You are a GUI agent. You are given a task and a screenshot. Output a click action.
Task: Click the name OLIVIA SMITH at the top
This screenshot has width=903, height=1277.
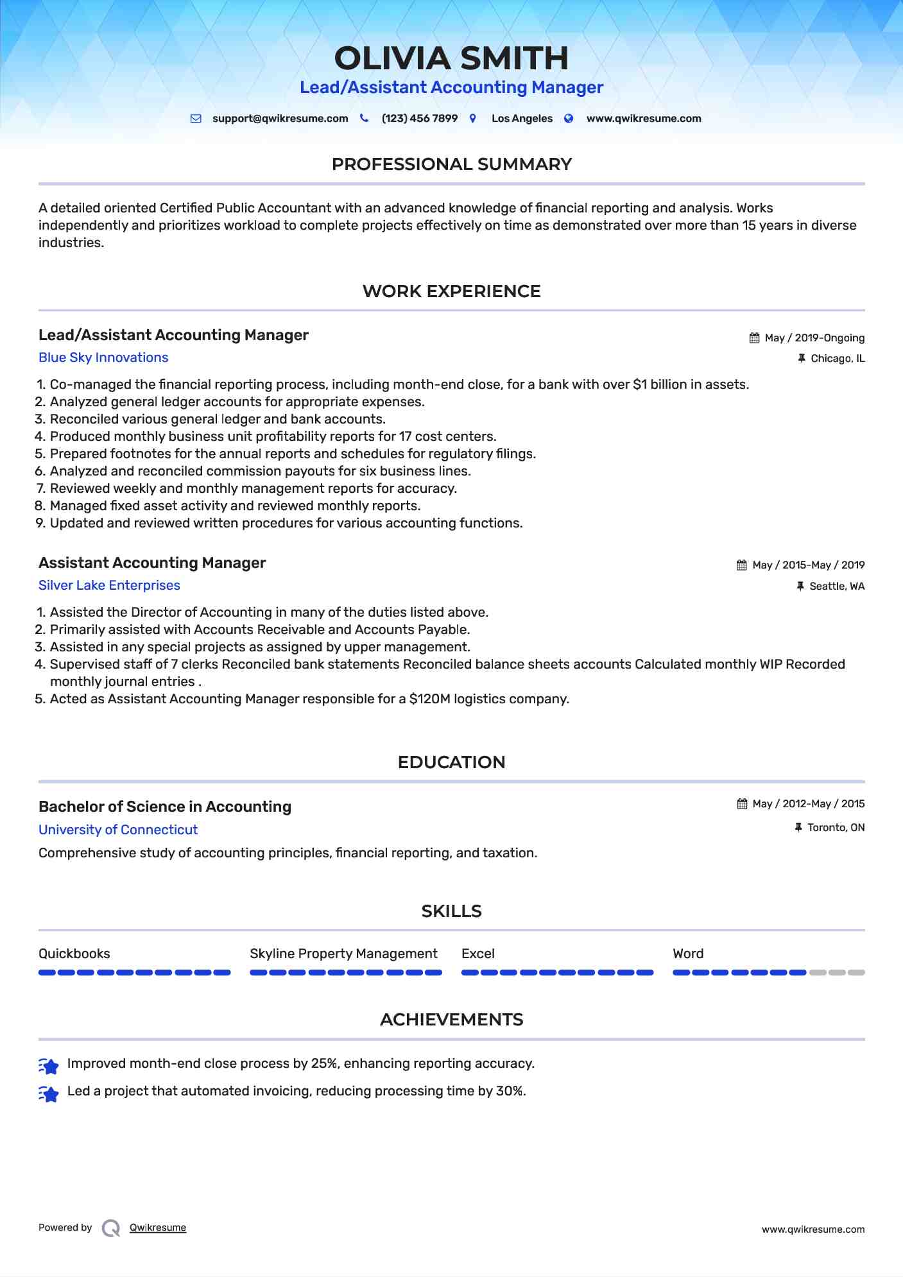point(451,58)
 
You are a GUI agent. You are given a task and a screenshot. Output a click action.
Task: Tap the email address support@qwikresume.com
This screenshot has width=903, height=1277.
point(280,119)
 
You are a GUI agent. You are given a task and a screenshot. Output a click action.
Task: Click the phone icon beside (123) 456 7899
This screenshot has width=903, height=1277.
point(364,118)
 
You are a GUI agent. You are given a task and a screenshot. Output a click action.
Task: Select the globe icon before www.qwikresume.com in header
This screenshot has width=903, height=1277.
point(569,118)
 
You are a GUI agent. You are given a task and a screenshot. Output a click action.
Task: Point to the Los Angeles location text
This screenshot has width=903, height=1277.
point(522,119)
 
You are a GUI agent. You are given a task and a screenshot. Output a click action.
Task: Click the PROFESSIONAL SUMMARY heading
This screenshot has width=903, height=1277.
point(451,164)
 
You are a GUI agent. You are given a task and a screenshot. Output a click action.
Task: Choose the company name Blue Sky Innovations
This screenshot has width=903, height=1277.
point(103,357)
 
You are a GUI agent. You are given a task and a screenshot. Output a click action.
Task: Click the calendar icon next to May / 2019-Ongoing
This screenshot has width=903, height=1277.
point(754,338)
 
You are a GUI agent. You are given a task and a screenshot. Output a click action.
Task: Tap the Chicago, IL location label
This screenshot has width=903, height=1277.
point(838,359)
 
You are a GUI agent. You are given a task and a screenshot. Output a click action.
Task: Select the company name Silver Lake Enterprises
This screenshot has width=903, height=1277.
point(109,585)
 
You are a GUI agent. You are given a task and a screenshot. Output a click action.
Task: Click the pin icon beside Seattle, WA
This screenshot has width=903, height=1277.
point(800,586)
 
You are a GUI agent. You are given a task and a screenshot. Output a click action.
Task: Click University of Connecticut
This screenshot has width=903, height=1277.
point(118,830)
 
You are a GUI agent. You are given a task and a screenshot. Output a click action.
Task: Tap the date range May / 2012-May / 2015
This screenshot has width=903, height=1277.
point(808,804)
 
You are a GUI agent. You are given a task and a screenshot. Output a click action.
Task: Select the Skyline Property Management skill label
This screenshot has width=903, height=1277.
point(343,954)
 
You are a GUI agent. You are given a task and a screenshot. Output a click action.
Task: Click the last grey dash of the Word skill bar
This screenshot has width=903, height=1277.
point(856,973)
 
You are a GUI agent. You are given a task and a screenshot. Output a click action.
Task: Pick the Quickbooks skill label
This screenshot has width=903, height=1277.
point(74,954)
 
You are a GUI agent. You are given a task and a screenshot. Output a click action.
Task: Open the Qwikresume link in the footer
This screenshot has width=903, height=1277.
point(158,1228)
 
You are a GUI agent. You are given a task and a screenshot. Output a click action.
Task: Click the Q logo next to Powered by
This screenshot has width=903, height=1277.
point(111,1228)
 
